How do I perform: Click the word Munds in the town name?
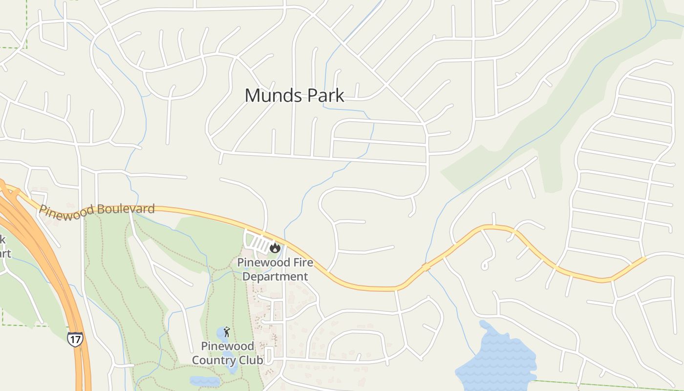pyautogui.click(x=267, y=95)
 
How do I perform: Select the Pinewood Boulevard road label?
pyautogui.click(x=97, y=211)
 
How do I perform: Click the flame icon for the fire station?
pyautogui.click(x=275, y=248)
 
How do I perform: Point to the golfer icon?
pyautogui.click(x=227, y=332)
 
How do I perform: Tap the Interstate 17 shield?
pyautogui.click(x=75, y=339)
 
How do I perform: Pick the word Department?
pyautogui.click(x=276, y=277)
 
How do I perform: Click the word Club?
pyautogui.click(x=251, y=361)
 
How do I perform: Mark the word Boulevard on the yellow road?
pyautogui.click(x=126, y=209)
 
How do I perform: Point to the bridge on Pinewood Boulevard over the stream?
pyautogui.click(x=426, y=267)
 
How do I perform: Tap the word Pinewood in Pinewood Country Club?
pyautogui.click(x=228, y=347)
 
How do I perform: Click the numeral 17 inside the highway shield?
pyautogui.click(x=75, y=339)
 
